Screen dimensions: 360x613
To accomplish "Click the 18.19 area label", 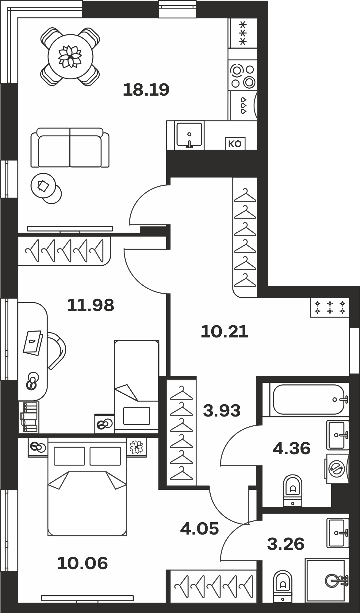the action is pyautogui.click(x=146, y=90).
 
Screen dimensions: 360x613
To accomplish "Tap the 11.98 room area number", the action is pyautogui.click(x=90, y=305).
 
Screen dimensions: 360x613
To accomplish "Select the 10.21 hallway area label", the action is pyautogui.click(x=224, y=332).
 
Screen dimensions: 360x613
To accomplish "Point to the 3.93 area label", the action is pyautogui.click(x=222, y=411).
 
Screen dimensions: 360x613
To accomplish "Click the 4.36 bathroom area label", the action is pyautogui.click(x=292, y=449).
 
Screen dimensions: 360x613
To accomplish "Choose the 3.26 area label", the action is pyautogui.click(x=286, y=543).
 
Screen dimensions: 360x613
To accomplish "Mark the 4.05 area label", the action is pyautogui.click(x=199, y=528).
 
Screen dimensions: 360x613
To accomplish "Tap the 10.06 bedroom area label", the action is pyautogui.click(x=82, y=563).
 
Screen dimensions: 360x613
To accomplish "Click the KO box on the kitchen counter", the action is pyautogui.click(x=235, y=144).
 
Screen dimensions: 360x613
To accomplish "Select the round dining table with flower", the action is pyautogui.click(x=70, y=57).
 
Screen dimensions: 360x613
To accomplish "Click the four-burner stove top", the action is pyautogui.click(x=243, y=75).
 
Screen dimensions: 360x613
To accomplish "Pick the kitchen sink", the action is pyautogui.click(x=189, y=135).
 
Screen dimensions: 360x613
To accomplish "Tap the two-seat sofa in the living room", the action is pyautogui.click(x=70, y=148).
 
